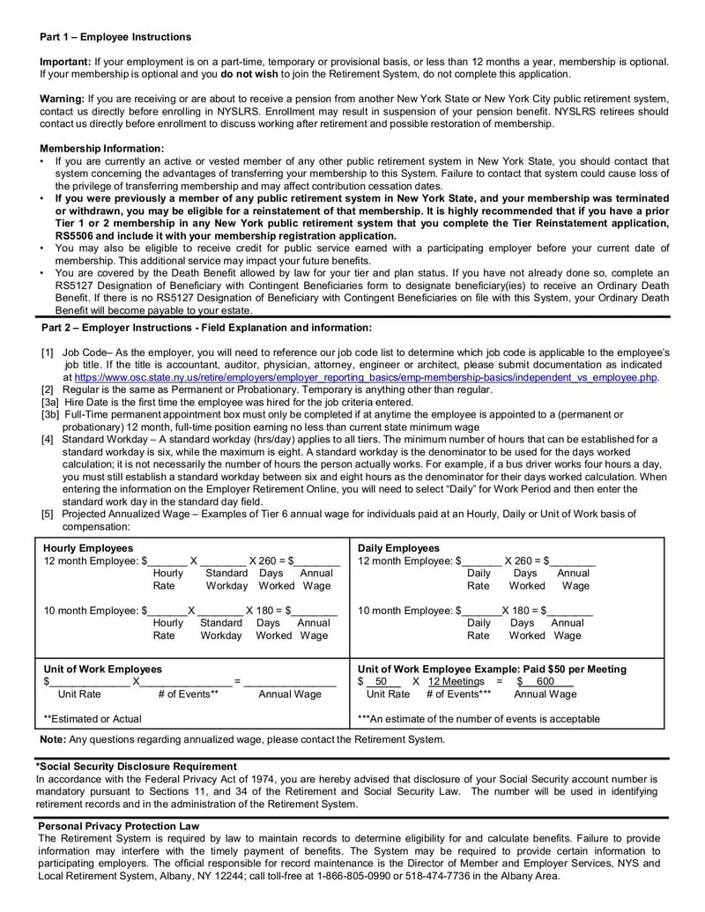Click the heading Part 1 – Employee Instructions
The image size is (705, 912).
115,37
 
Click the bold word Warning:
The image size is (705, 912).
62,99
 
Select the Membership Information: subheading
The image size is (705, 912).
102,148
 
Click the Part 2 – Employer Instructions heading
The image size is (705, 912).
206,328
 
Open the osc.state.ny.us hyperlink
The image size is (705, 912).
367,377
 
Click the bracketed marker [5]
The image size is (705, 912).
47,514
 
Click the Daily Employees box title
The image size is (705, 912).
398,548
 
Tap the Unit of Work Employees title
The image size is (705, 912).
102,669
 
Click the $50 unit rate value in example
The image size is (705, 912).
380,682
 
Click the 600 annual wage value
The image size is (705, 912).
545,682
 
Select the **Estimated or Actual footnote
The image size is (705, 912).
93,719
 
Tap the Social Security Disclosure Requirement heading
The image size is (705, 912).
136,767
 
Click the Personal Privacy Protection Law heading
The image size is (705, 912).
119,826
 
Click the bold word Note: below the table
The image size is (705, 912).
53,739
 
